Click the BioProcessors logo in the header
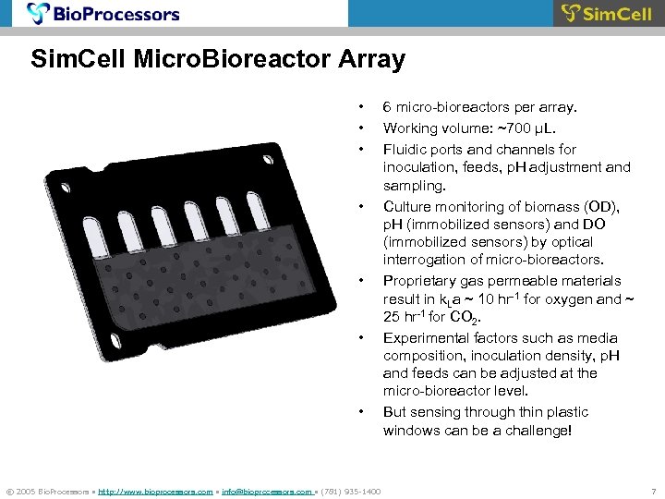[103, 14]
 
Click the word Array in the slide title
[371, 60]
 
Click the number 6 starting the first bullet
[388, 109]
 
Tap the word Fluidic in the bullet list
[406, 149]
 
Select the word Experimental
[426, 337]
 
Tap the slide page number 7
[653, 491]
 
